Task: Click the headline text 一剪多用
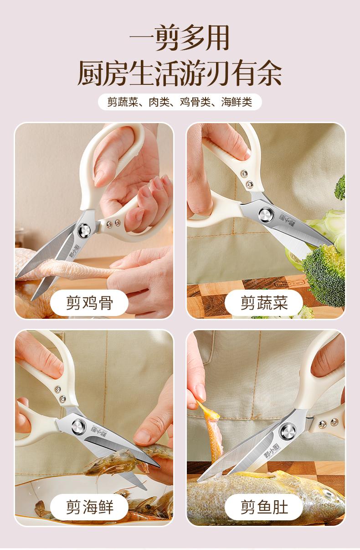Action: (x=180, y=38)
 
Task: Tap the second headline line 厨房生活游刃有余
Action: (x=180, y=73)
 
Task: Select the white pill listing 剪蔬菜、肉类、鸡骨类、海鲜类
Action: (x=180, y=102)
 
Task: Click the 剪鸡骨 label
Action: (x=89, y=303)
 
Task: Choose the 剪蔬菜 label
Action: (x=264, y=303)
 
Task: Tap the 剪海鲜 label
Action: (x=89, y=507)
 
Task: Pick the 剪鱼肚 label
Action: (x=264, y=507)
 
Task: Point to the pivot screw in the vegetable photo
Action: (x=266, y=215)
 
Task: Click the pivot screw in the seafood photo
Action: (x=79, y=426)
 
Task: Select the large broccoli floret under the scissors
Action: (x=324, y=275)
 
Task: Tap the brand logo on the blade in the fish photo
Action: (x=267, y=452)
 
